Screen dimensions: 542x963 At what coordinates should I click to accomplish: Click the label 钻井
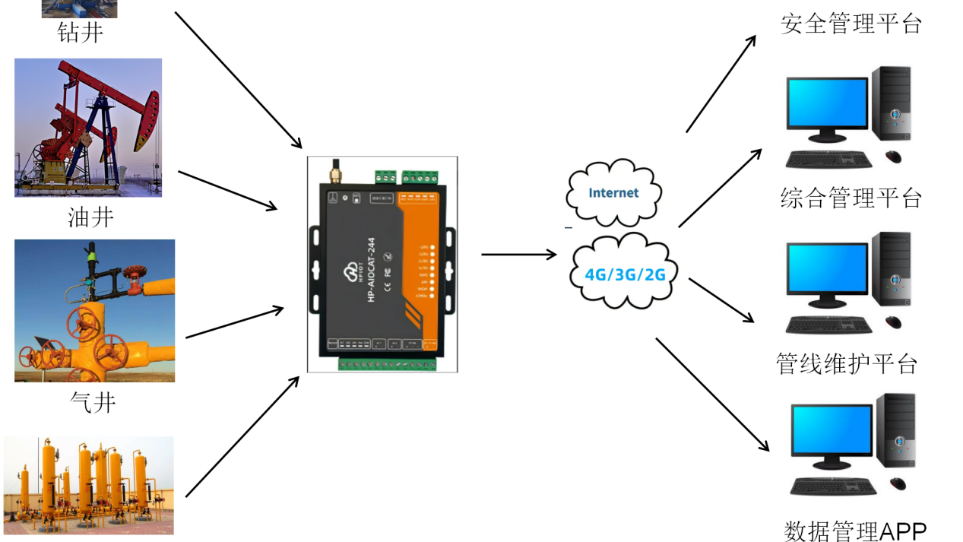[81, 33]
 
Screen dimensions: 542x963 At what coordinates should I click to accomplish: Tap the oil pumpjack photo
[88, 128]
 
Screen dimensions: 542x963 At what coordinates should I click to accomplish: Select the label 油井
[90, 217]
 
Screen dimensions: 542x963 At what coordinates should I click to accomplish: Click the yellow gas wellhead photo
[94, 310]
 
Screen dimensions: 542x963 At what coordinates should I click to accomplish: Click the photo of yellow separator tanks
[88, 485]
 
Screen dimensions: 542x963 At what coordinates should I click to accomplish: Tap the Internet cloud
[613, 193]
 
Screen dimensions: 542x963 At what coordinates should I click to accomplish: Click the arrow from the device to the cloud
[519, 254]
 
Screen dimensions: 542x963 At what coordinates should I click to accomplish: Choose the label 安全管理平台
[851, 24]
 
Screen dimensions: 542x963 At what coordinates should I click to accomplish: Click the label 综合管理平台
[851, 198]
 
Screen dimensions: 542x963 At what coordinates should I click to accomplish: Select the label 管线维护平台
[847, 363]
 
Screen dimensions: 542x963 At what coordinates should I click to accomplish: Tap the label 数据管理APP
[855, 531]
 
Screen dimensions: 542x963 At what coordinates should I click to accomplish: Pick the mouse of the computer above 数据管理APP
[898, 483]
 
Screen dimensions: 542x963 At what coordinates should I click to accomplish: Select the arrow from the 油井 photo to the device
[228, 190]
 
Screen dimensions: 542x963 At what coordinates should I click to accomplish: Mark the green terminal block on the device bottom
[387, 363]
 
